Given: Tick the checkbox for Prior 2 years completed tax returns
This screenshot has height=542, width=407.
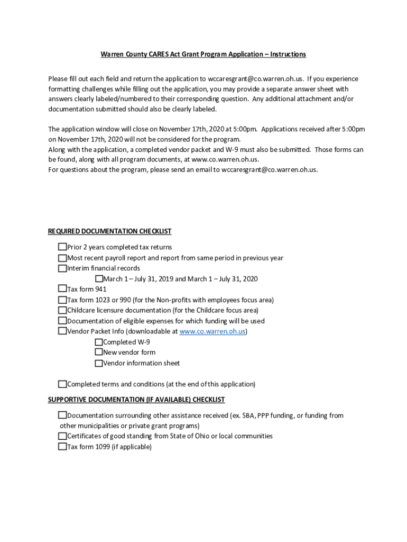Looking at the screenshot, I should (62, 247).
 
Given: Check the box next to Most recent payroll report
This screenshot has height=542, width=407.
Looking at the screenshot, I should (62, 258).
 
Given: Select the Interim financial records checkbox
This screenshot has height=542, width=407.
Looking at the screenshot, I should (62, 268).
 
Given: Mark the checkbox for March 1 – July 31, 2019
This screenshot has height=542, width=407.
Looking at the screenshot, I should (99, 279).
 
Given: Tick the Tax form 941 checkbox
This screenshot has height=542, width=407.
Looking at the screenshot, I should (62, 289).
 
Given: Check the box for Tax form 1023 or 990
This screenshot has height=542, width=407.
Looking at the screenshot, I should (62, 300).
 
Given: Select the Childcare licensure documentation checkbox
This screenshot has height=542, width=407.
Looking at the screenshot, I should (62, 310).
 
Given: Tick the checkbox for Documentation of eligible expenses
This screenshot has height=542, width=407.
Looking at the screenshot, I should (62, 321).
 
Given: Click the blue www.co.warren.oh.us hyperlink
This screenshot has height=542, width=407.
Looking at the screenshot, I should (212, 331).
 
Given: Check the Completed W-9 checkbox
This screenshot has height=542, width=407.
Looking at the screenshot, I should (99, 342).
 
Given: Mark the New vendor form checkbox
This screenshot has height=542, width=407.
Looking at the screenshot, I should (99, 352).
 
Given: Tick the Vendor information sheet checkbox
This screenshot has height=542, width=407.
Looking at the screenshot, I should (99, 363).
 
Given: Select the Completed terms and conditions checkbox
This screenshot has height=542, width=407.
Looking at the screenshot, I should (62, 384).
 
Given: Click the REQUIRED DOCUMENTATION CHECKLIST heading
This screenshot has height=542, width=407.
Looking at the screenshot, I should (109, 231).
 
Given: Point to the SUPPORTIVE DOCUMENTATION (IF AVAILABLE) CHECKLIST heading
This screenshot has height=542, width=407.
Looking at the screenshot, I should (136, 400).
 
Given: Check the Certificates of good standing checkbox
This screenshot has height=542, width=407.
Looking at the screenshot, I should (62, 436).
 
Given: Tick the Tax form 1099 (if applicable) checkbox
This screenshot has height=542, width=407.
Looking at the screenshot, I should (62, 447).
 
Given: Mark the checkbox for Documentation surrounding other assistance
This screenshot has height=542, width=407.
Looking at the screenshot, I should (62, 415).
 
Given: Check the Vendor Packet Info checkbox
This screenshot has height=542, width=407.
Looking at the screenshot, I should (62, 331).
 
